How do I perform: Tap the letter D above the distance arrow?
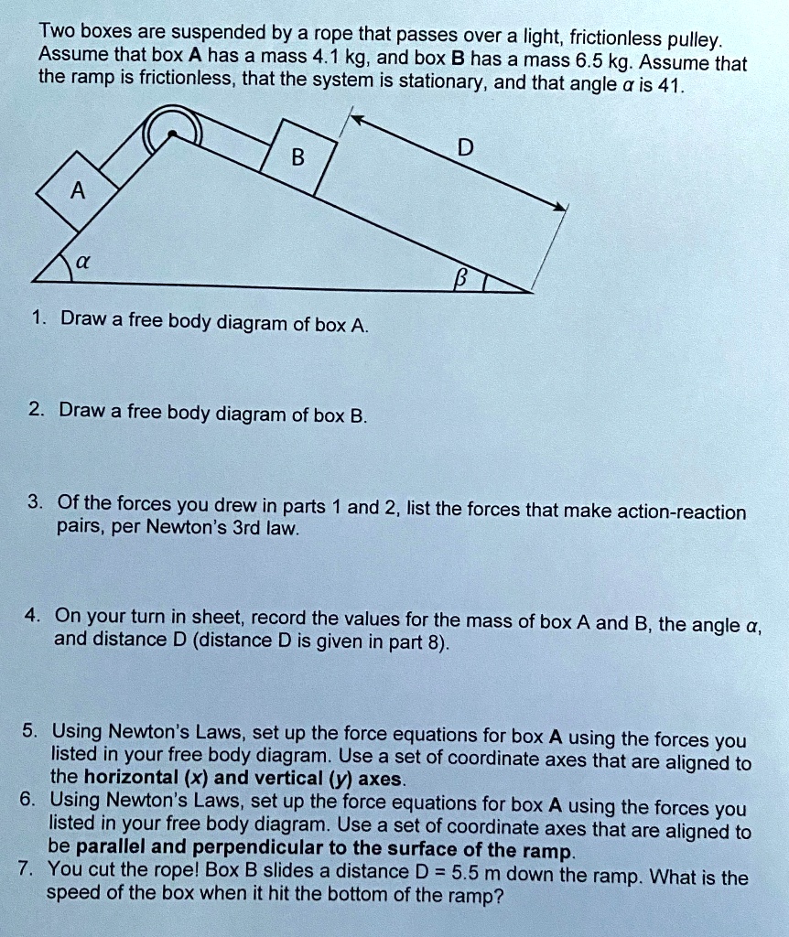point(467,148)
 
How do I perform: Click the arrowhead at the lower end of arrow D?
point(562,208)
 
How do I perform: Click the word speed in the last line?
point(74,894)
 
